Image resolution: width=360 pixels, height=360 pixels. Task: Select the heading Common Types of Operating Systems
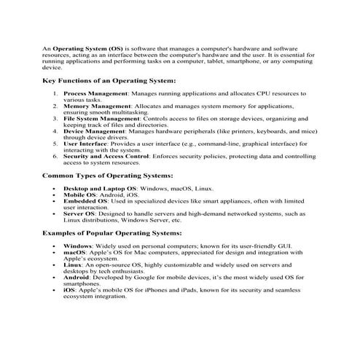coord(107,176)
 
